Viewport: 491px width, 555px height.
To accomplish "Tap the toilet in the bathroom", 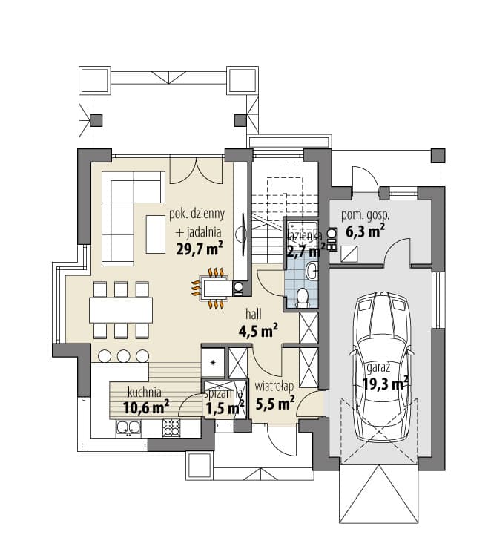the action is [x=303, y=297].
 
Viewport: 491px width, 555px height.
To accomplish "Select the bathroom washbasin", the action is [x=312, y=272].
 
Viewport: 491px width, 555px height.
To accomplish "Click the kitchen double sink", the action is [x=128, y=427].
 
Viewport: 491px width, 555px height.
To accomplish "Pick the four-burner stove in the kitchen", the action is [x=171, y=427].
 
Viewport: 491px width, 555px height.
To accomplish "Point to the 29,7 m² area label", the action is [x=200, y=249].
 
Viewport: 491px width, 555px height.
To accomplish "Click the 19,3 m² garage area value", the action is [x=386, y=383].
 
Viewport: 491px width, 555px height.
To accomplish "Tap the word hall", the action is [x=254, y=314].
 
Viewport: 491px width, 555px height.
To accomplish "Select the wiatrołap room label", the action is [x=274, y=386].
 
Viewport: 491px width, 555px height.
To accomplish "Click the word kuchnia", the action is [x=145, y=393].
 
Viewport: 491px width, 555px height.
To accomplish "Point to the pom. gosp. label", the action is [x=365, y=215].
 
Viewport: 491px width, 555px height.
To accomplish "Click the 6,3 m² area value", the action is [x=365, y=231].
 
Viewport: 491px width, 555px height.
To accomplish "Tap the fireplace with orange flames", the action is [x=214, y=288].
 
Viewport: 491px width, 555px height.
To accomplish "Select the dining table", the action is [x=121, y=310].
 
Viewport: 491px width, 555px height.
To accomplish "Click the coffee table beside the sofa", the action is [x=156, y=234].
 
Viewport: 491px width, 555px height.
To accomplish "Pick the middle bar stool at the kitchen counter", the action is [x=123, y=356].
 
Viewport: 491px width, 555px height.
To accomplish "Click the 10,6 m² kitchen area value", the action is [x=146, y=407].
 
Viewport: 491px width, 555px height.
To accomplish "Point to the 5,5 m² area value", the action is [x=275, y=403].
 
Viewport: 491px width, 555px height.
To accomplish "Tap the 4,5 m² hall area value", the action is [x=258, y=331].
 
